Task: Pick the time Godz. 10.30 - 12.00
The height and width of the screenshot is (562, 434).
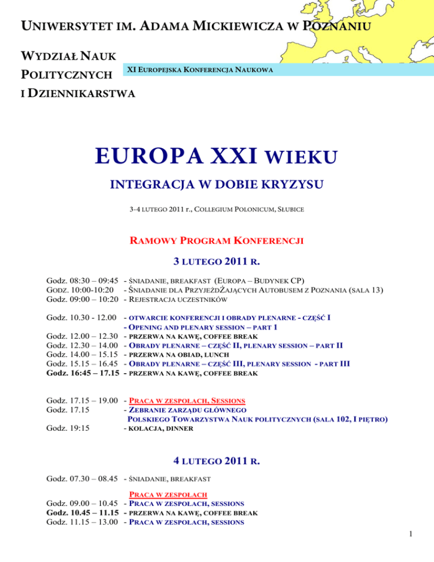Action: point(80,317)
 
